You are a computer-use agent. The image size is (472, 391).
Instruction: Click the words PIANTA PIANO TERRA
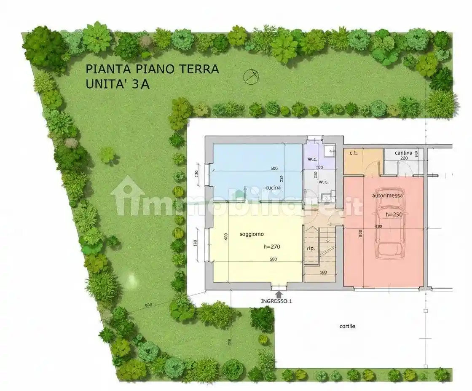pos(152,69)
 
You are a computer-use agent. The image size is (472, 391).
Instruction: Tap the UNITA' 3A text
pos(118,84)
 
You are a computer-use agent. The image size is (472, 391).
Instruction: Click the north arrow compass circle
pos(251,76)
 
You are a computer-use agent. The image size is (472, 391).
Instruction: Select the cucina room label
pos(273,187)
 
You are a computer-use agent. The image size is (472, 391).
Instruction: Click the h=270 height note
pos(272,247)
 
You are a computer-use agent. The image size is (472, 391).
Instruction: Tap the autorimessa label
pos(387,195)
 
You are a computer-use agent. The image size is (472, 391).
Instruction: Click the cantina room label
pos(403,153)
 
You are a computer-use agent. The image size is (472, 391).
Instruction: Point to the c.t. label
pos(353,153)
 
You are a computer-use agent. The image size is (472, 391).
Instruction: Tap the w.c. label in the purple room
pos(312,159)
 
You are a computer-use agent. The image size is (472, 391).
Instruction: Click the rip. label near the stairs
pos(311,249)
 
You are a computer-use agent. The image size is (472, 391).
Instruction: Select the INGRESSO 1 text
pos(276,301)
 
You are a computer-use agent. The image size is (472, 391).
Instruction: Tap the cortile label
pos(347,326)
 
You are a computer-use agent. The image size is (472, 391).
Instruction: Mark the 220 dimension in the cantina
pos(404,158)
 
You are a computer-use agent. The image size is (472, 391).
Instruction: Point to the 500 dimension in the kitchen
pos(274,169)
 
